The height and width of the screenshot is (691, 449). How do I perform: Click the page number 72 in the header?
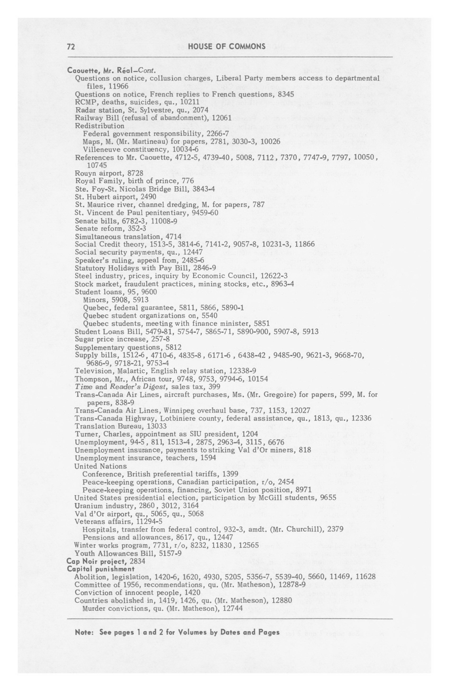pyautogui.click(x=71, y=47)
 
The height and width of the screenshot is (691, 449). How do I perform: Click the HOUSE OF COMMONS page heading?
pyautogui.click(x=227, y=46)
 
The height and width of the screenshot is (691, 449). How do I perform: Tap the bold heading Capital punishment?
pyautogui.click(x=100, y=569)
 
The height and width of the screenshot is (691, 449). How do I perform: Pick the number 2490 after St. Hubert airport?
pyautogui.click(x=148, y=197)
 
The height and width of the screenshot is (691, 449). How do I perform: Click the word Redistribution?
pyautogui.click(x=99, y=126)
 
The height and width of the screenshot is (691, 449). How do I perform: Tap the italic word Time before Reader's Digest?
pyautogui.click(x=84, y=387)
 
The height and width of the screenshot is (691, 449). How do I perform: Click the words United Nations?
pyautogui.click(x=100, y=466)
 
